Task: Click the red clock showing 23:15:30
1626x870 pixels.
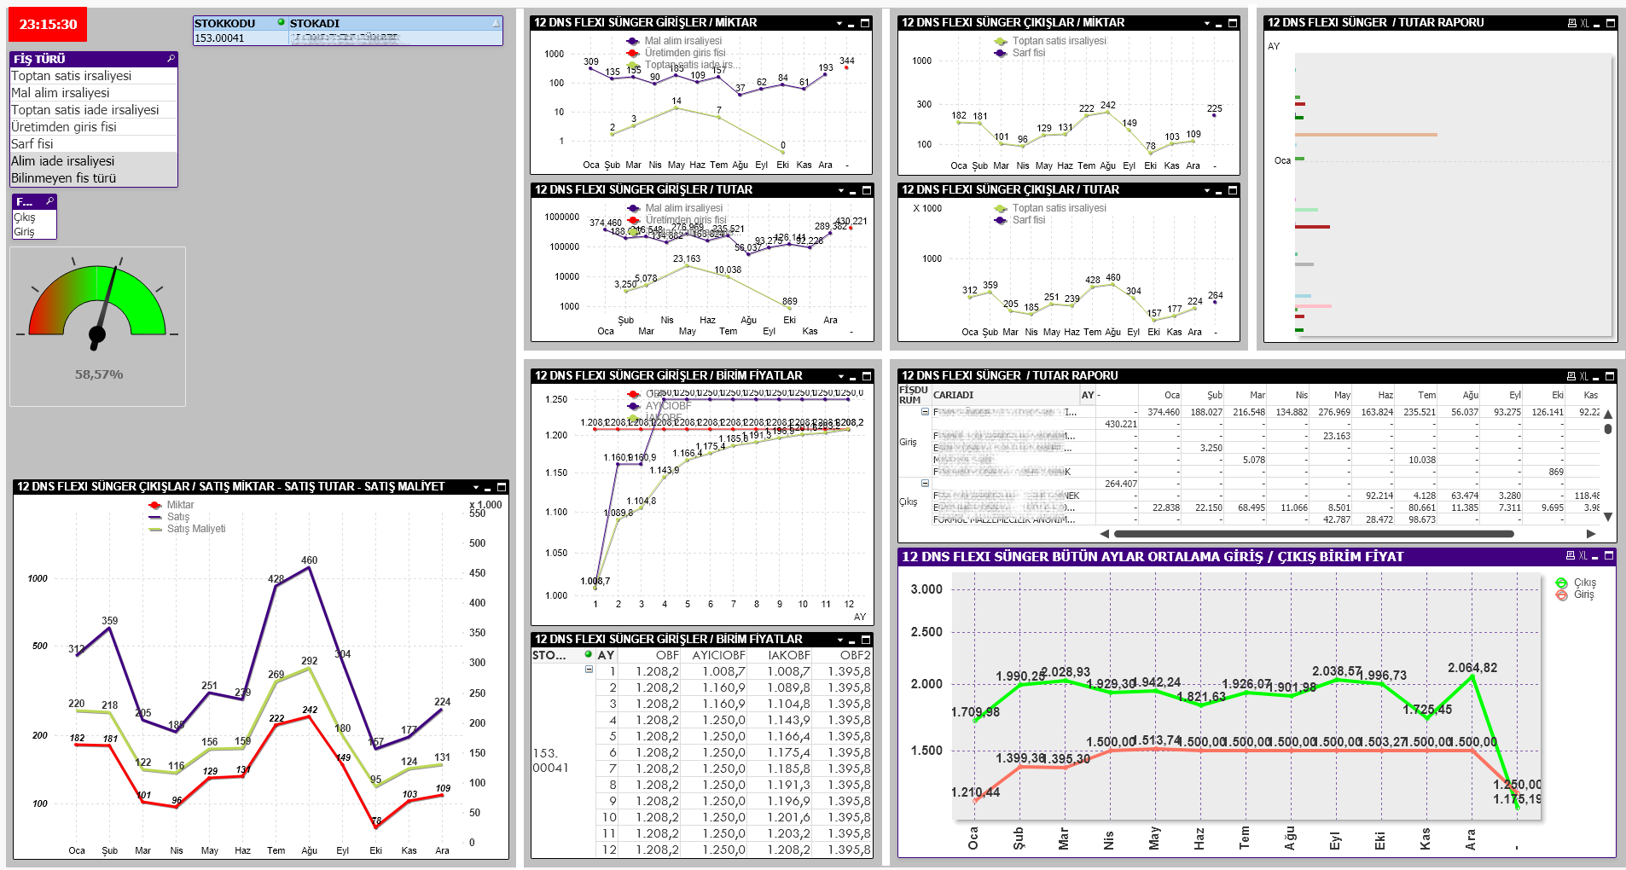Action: (48, 25)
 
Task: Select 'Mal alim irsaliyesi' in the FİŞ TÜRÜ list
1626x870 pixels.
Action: (61, 93)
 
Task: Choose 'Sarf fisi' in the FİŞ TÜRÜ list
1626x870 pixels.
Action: (32, 144)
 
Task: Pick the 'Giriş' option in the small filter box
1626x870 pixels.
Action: (24, 232)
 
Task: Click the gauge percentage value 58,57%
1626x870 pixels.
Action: (99, 374)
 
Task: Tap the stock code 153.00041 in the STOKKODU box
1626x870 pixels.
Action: (219, 38)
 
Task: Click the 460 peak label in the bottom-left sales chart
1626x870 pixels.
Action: (309, 560)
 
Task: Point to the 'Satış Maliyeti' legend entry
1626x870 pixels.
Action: (196, 529)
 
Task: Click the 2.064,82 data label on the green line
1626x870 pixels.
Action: (1472, 668)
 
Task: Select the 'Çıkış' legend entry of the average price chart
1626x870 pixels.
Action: (1584, 583)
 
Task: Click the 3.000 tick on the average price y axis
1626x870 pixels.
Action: (926, 589)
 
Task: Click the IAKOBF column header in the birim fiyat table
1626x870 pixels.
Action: (788, 655)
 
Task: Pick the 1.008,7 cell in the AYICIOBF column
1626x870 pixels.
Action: (723, 671)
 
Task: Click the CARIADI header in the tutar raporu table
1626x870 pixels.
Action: (953, 395)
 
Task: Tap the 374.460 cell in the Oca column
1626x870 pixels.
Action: (1163, 412)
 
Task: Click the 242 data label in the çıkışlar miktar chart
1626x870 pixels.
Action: (1107, 106)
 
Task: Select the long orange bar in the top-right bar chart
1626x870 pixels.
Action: (1365, 135)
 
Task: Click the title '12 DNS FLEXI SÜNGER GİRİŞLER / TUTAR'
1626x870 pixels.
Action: (643, 190)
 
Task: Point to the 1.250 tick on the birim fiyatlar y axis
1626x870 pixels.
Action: (556, 399)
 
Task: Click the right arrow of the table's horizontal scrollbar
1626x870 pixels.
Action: (1590, 534)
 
